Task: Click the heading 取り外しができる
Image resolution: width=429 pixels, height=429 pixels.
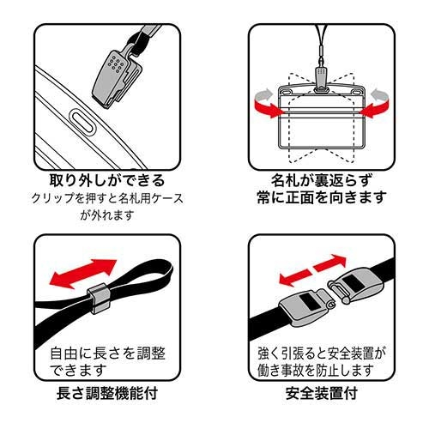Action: [x=107, y=181]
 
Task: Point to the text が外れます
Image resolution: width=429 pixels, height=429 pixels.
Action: [x=107, y=216]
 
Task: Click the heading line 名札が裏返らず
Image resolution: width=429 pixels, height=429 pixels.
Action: [x=322, y=181]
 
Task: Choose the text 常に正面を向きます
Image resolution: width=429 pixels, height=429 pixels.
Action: [x=322, y=198]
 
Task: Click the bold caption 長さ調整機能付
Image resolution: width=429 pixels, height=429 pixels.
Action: [x=107, y=396]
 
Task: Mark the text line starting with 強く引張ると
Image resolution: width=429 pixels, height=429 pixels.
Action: [x=322, y=353]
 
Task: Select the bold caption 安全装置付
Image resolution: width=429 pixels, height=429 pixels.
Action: [x=322, y=396]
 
